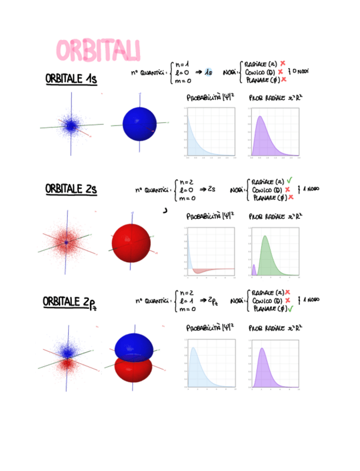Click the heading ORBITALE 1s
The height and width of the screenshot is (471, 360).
(x=71, y=79)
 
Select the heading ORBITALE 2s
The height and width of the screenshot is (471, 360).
(x=71, y=189)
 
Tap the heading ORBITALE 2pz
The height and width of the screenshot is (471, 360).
(x=69, y=302)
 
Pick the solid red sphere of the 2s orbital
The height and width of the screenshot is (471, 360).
(x=131, y=242)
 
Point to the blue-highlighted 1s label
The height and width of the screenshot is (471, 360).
(x=208, y=72)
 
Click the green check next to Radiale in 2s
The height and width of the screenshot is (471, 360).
(x=289, y=181)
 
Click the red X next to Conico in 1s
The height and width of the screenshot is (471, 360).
(x=281, y=72)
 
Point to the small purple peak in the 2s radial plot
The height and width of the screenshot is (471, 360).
(x=254, y=270)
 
